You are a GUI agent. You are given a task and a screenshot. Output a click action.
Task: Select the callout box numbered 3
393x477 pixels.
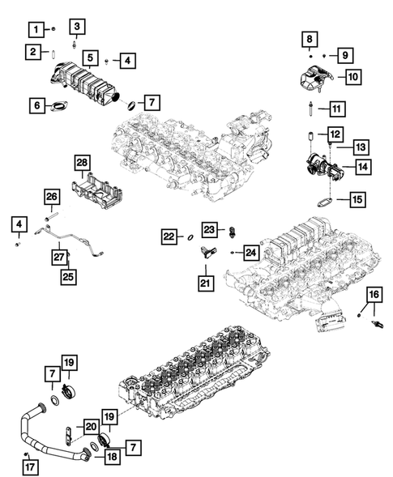(x=77, y=28)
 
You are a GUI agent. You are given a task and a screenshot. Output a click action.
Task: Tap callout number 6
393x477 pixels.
(x=37, y=104)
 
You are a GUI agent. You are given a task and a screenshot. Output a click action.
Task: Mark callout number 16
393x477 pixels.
(x=374, y=294)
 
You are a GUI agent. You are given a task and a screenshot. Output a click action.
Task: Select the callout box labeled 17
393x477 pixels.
(x=28, y=466)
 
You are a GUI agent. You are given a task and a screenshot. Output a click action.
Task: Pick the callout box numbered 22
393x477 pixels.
(x=168, y=236)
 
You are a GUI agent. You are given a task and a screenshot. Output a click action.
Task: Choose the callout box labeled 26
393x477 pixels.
(x=50, y=197)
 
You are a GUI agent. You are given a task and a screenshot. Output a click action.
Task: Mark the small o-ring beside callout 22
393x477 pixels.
(x=188, y=237)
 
